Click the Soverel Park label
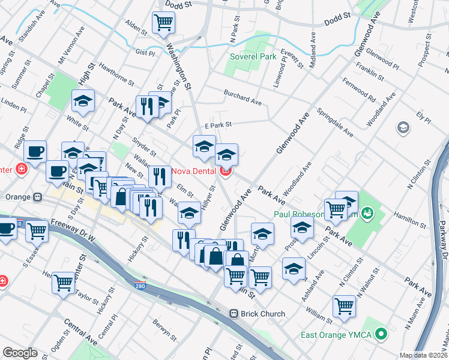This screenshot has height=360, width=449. coord(253,57)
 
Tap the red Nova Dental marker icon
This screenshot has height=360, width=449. coord(226,171)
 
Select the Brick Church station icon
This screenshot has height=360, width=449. coord(235,314)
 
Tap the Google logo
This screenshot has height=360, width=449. coord(20,353)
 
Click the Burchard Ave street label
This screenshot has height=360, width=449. coord(243,98)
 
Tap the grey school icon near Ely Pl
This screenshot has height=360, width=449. coord(402,127)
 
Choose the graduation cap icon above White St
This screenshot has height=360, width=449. coord(83,101)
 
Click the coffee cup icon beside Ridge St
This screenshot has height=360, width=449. coord(35,151)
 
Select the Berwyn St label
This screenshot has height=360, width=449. coord(164,327)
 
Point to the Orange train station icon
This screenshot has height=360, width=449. coord(38,196)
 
